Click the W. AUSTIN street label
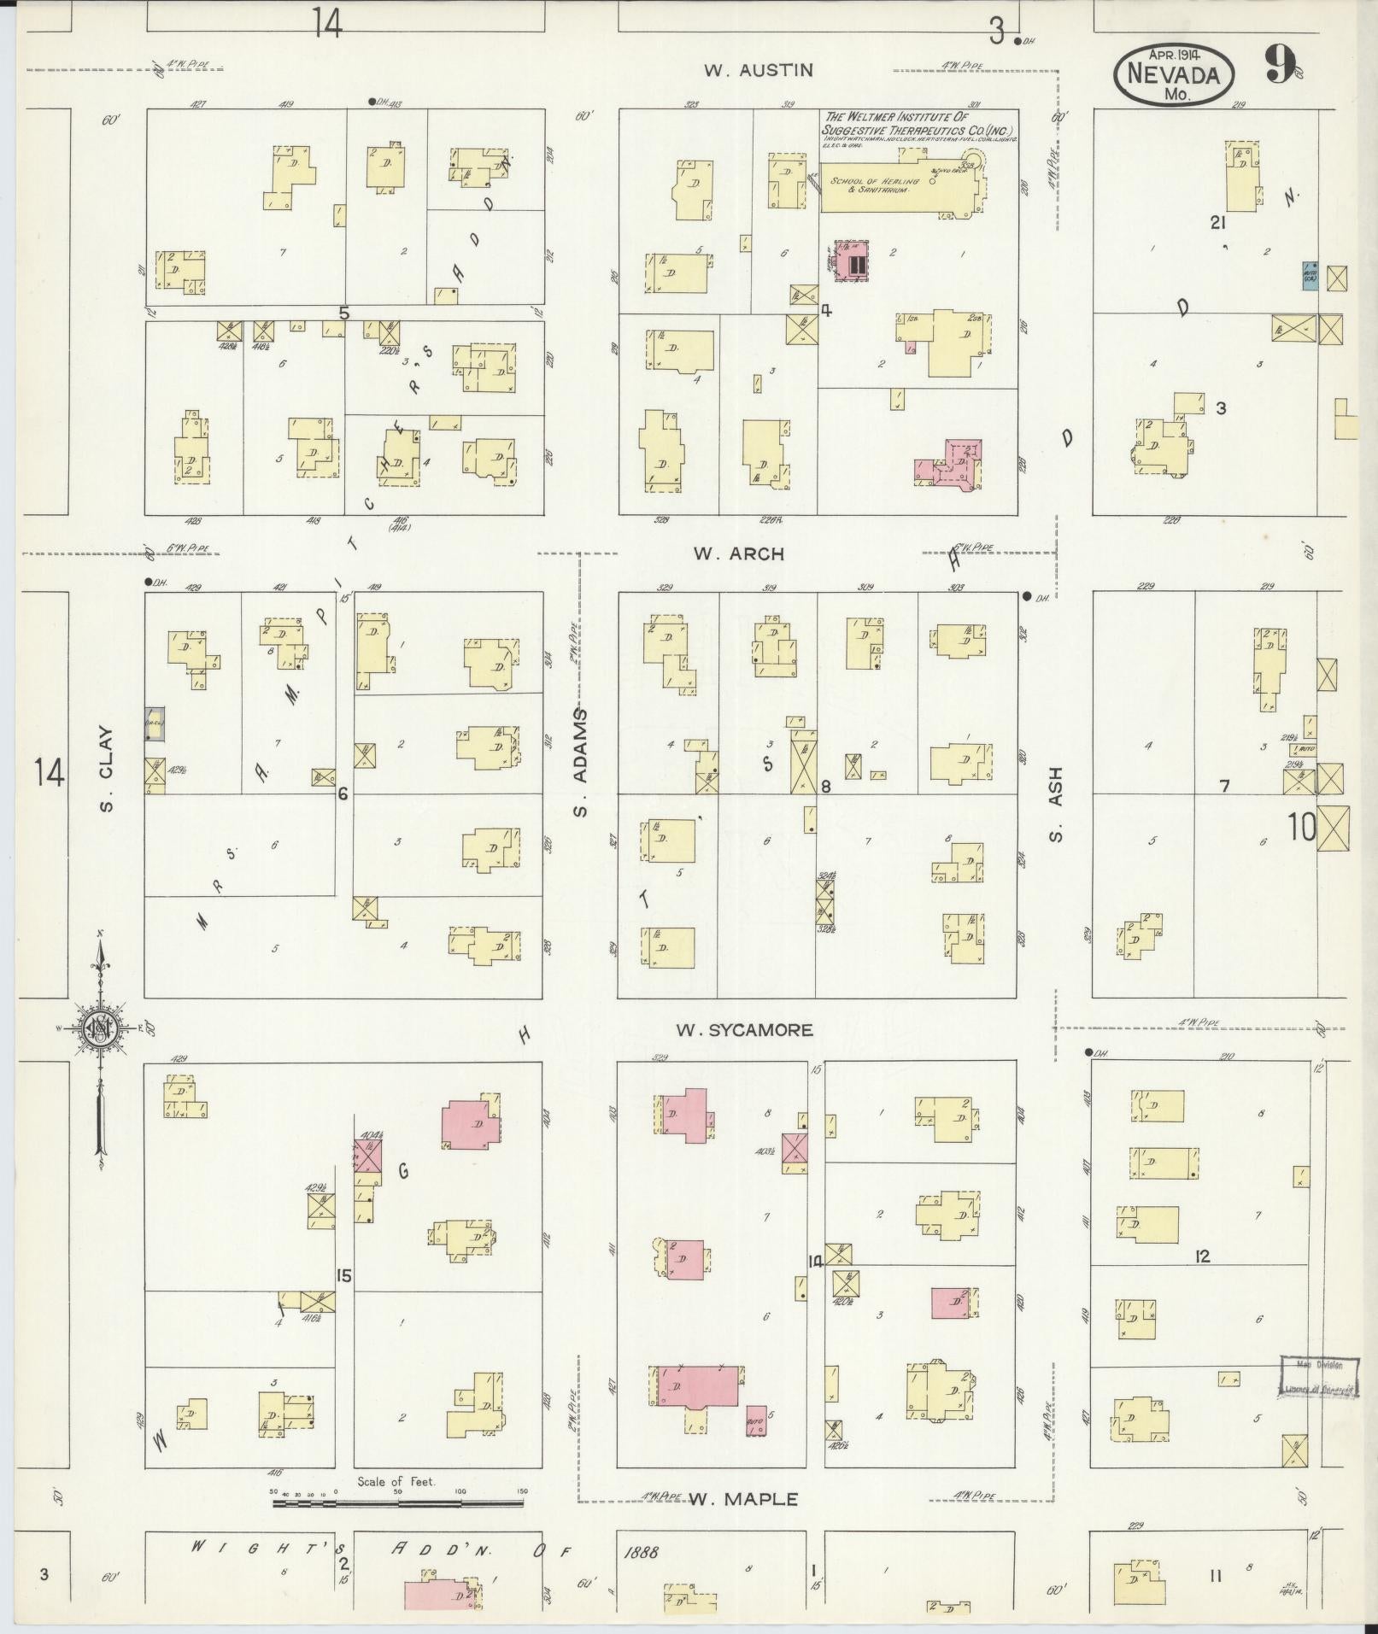coord(758,70)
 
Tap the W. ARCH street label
coord(738,553)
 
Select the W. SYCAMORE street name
coord(744,1030)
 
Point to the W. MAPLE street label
coord(743,1499)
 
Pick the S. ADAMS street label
coord(581,762)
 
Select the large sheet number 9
coord(1279,64)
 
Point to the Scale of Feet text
coord(396,1481)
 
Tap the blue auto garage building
coord(1309,275)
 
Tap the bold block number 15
coord(343,1276)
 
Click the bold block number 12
coord(1202,1256)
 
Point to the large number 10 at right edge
coord(1301,827)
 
